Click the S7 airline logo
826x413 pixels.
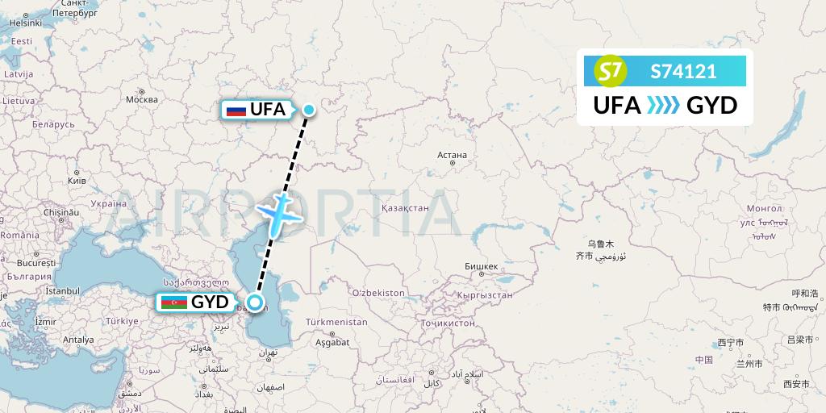pos(611,72)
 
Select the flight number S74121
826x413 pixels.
pos(683,72)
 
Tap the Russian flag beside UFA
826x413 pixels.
pos(236,110)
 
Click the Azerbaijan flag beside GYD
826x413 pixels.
pos(173,303)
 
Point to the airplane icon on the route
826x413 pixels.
pos(278,214)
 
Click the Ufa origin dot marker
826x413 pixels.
pos(309,110)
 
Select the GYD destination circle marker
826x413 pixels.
pos(255,303)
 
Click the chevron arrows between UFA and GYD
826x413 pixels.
pos(664,106)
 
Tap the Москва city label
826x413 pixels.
pos(142,99)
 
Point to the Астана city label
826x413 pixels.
pos(452,155)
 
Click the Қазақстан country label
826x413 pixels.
pos(403,207)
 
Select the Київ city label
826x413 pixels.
pos(77,181)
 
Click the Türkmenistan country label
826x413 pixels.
pos(336,322)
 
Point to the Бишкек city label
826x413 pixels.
pos(482,266)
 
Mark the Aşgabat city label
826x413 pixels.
pos(333,342)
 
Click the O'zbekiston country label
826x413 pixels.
pos(378,292)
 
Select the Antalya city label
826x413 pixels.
pos(78,340)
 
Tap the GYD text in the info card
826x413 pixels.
pos(711,106)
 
